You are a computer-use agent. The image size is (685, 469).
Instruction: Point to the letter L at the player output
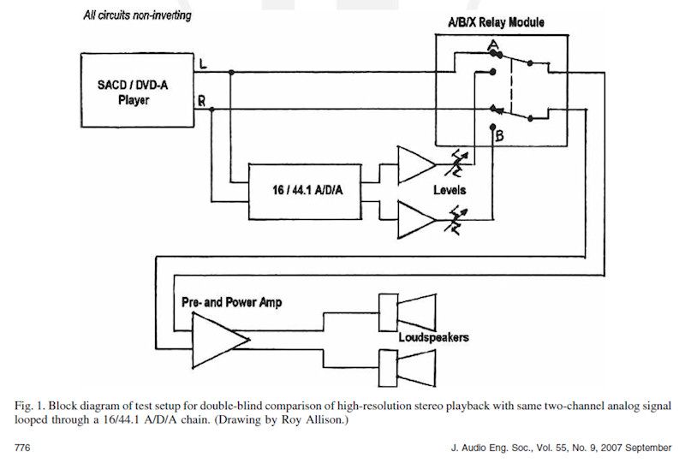click(201, 64)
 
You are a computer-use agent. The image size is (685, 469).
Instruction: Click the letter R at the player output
click(201, 101)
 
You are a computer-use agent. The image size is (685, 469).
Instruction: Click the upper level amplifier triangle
click(415, 166)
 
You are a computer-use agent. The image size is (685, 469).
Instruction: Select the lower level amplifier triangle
click(415, 219)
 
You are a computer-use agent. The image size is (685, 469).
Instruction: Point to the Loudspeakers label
click(433, 338)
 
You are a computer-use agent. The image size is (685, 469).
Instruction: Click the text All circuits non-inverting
click(137, 15)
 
